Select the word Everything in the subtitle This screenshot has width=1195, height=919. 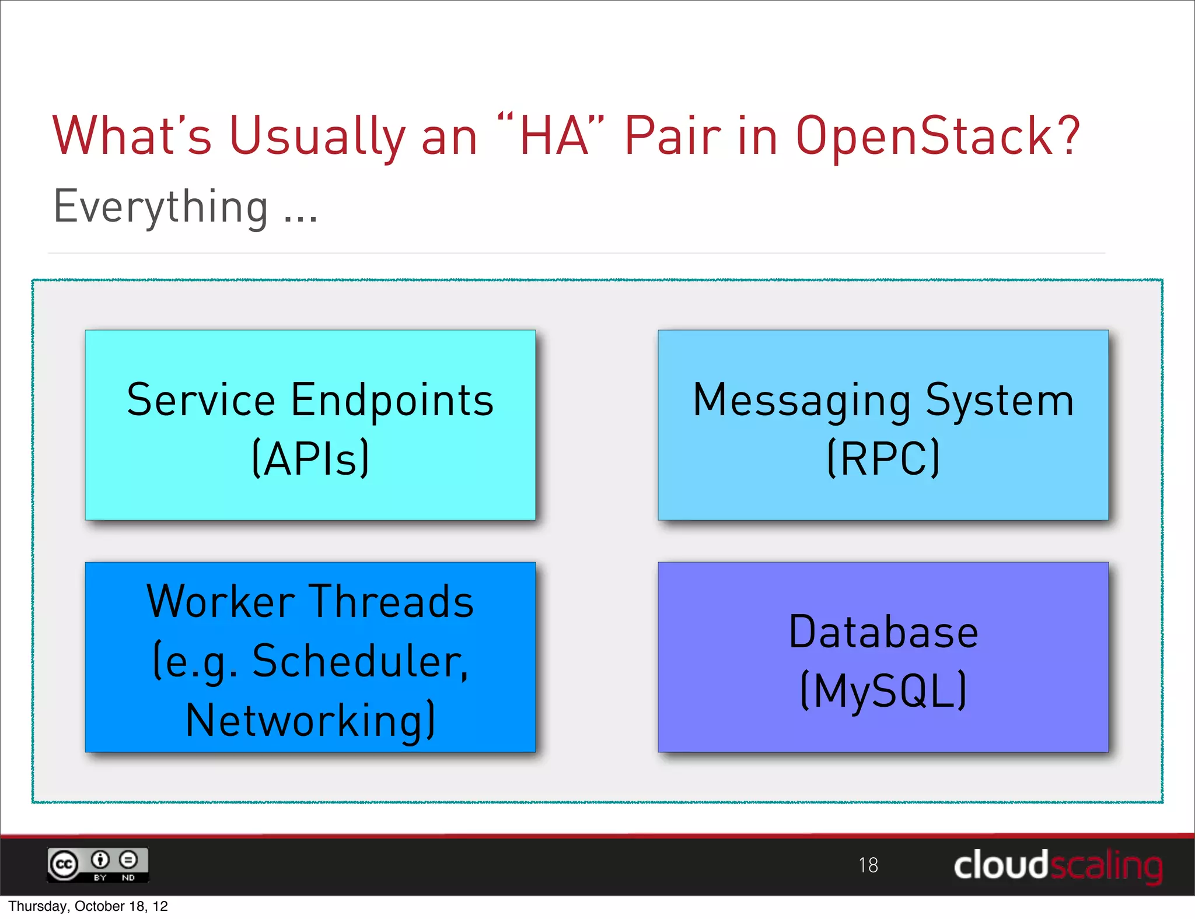(x=161, y=207)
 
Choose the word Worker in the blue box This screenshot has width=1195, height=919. (x=221, y=602)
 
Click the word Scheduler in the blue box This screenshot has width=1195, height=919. (x=359, y=662)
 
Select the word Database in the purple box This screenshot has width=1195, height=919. (x=883, y=632)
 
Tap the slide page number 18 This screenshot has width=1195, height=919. (x=868, y=865)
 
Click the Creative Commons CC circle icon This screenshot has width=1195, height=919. (x=64, y=864)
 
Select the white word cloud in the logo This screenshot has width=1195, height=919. (x=1000, y=865)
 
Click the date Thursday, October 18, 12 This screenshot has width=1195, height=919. (x=88, y=906)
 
